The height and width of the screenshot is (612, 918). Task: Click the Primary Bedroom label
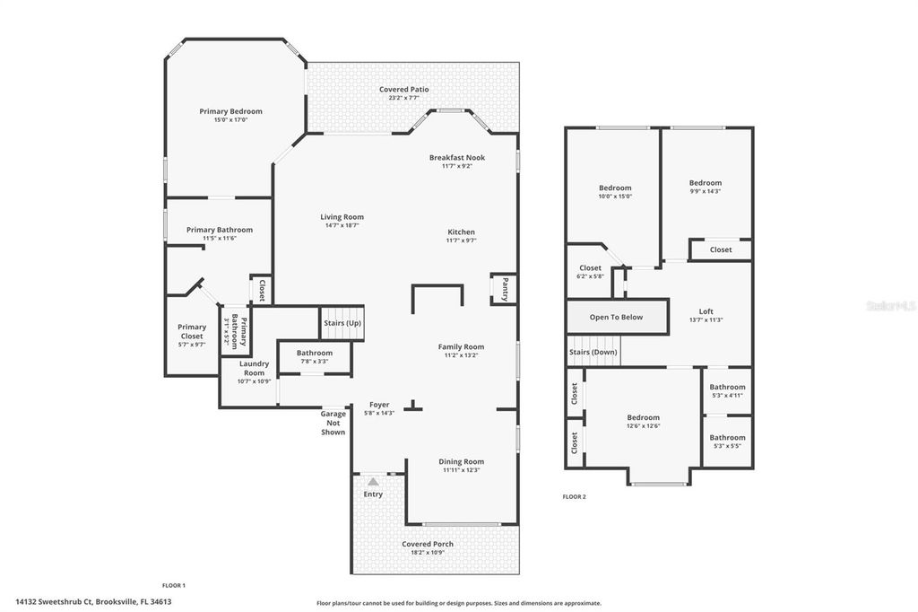coord(230,111)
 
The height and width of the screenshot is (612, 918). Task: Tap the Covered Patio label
coord(403,90)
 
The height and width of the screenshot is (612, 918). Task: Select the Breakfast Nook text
coord(456,157)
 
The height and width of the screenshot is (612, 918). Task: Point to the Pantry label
coord(505,289)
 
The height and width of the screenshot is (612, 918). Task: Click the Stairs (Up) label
coord(342,322)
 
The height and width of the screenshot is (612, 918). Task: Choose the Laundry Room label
coord(254,367)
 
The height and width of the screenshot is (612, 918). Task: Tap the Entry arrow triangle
coord(373,482)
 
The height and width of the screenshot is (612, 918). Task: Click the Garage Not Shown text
coord(333,423)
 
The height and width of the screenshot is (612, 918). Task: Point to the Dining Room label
coord(462,461)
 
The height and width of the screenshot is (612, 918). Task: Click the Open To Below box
coord(616,317)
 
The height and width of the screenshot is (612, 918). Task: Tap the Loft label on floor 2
coord(706,311)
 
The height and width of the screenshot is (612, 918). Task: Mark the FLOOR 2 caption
coord(574,496)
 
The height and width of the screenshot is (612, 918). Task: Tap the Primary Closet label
coord(192,332)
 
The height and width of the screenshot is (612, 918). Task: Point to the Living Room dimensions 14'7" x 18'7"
coord(342,225)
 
